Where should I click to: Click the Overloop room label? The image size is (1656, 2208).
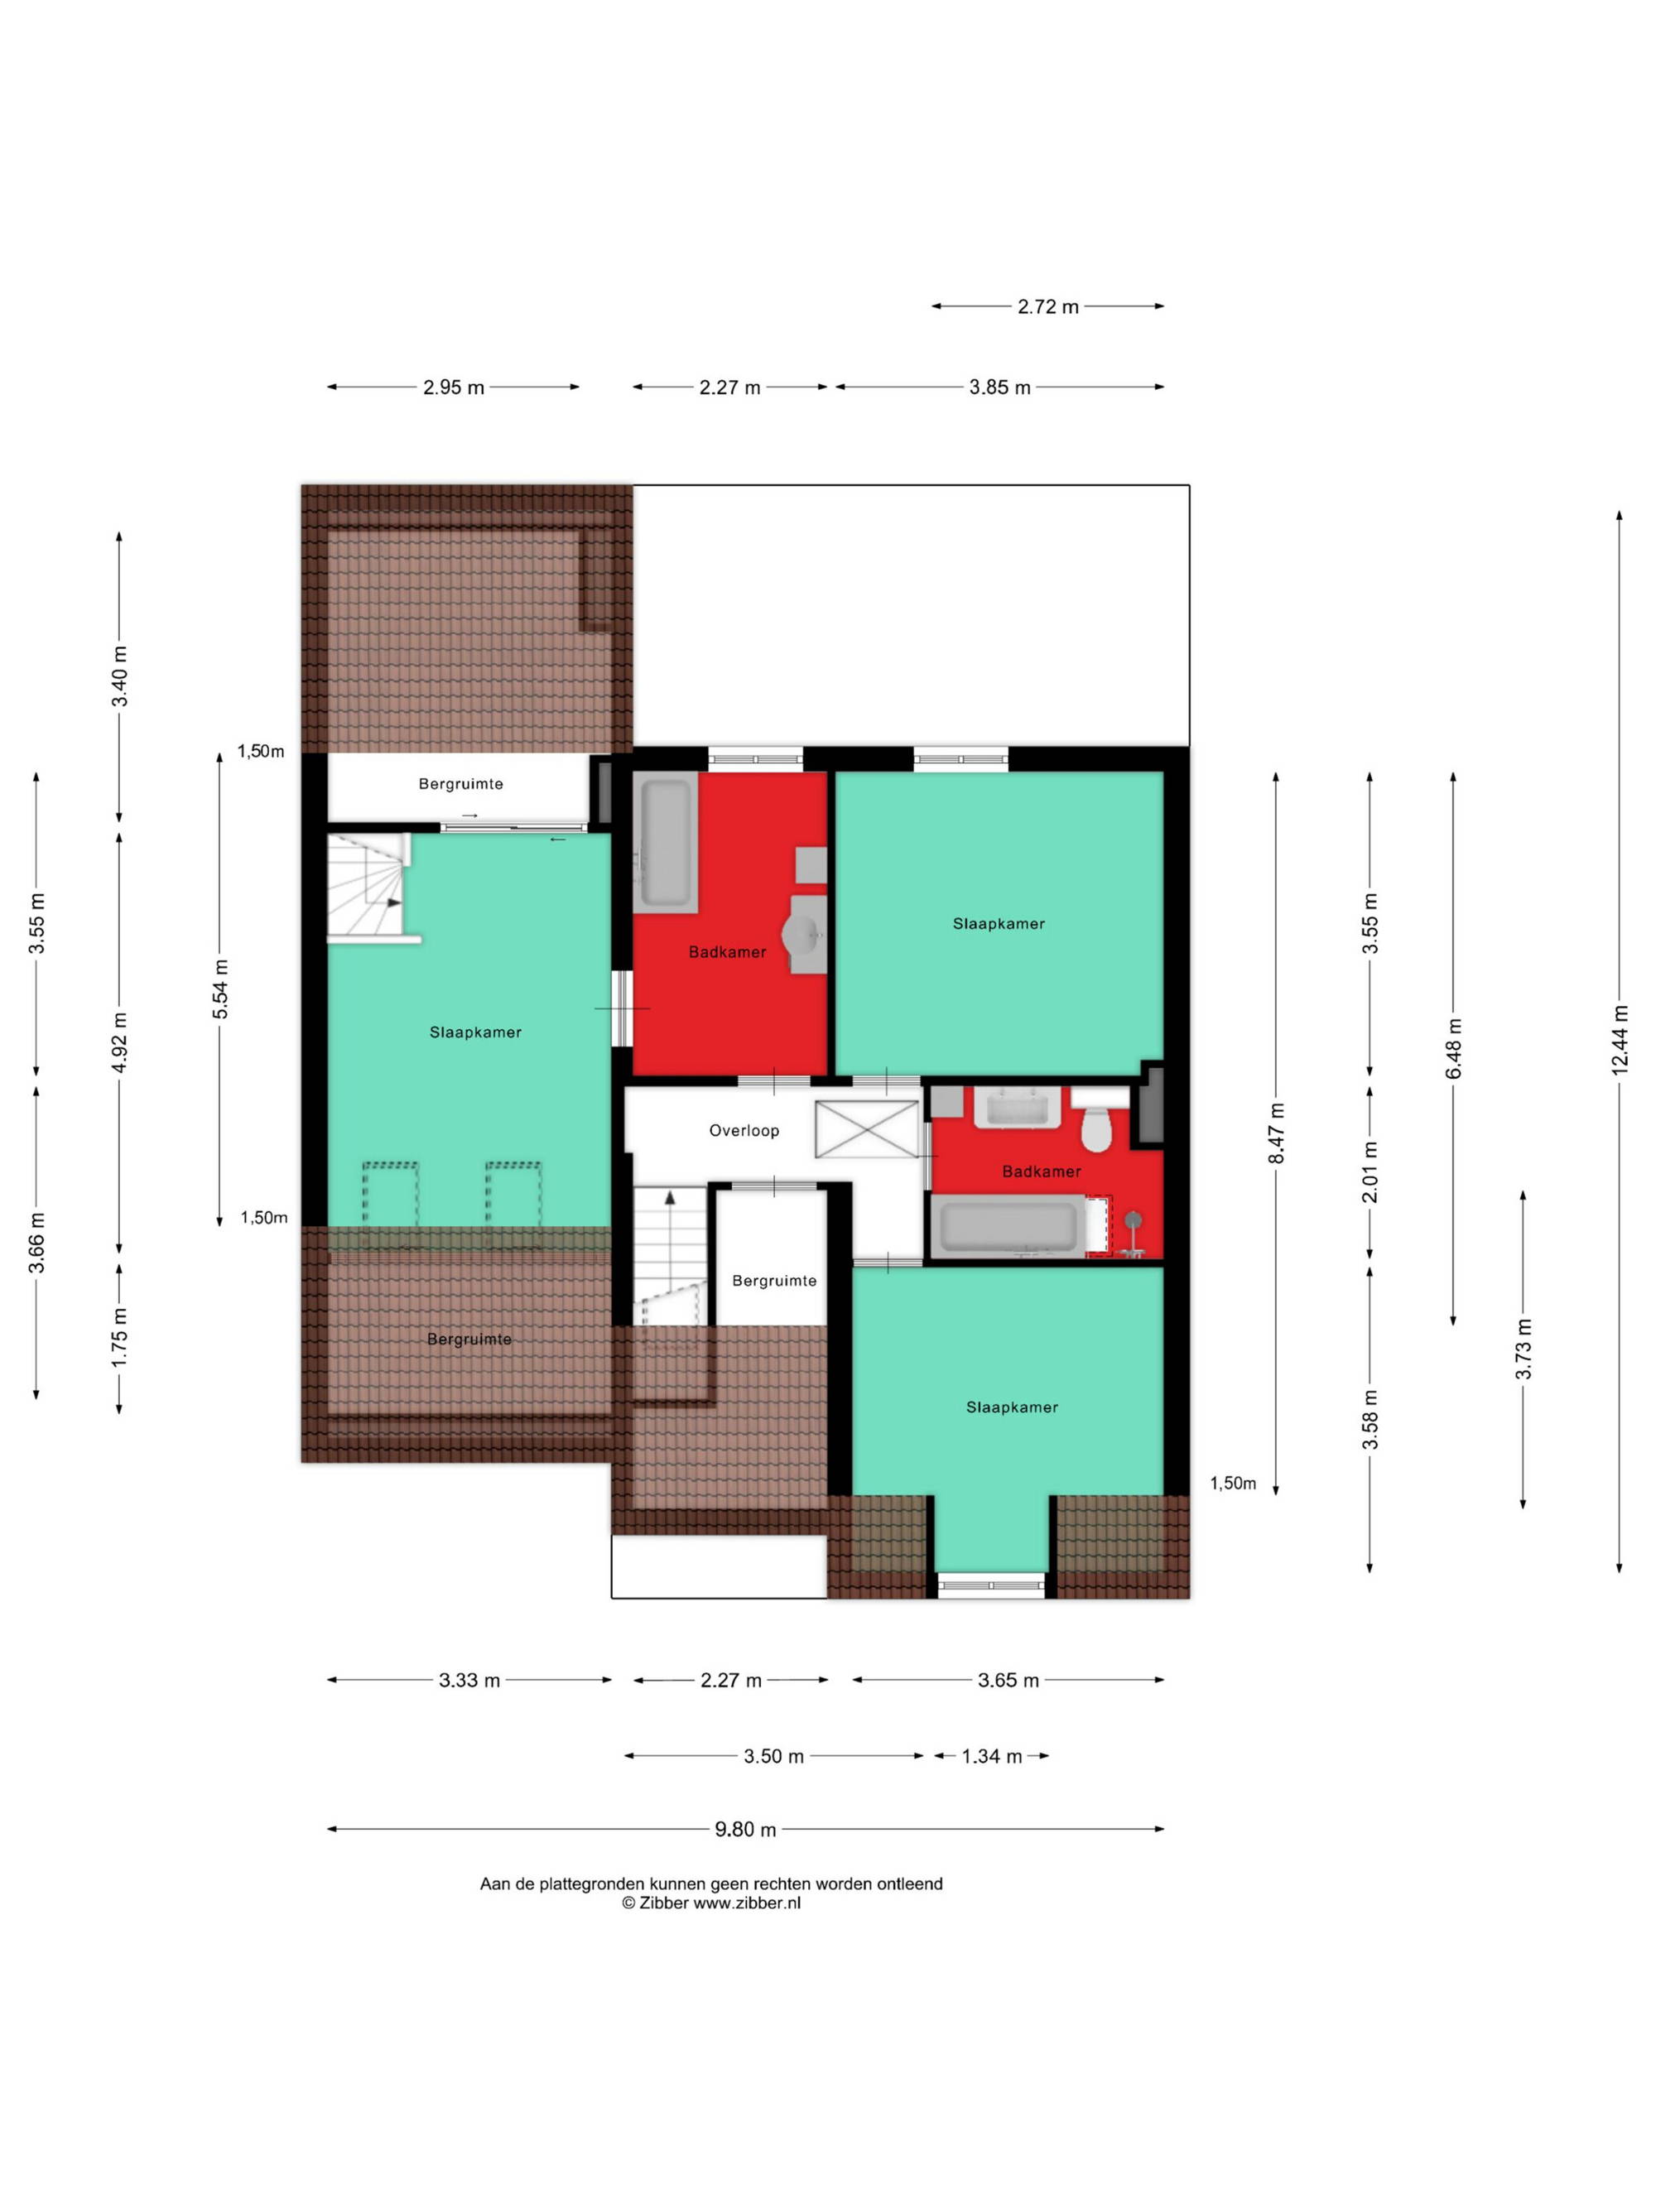point(744,1130)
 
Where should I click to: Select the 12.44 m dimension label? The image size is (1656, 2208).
point(1619,1038)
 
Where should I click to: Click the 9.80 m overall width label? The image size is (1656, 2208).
point(744,1829)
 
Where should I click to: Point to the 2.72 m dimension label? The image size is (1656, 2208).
point(1047,306)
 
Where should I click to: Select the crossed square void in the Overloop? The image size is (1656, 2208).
point(866,1129)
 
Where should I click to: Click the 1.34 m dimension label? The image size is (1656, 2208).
point(991,1756)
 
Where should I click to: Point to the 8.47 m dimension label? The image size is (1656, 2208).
point(1276,1133)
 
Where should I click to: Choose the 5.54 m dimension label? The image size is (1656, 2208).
point(220,989)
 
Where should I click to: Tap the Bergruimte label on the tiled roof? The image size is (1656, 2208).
point(469,1339)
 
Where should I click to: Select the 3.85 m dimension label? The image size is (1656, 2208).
point(999,387)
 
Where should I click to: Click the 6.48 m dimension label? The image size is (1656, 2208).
point(1453,1048)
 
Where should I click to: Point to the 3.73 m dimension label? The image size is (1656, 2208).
point(1524,1349)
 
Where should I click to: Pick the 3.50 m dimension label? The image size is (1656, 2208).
point(773,1756)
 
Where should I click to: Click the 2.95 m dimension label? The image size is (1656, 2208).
point(453,387)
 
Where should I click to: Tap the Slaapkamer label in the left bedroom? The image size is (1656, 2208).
point(475,1032)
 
